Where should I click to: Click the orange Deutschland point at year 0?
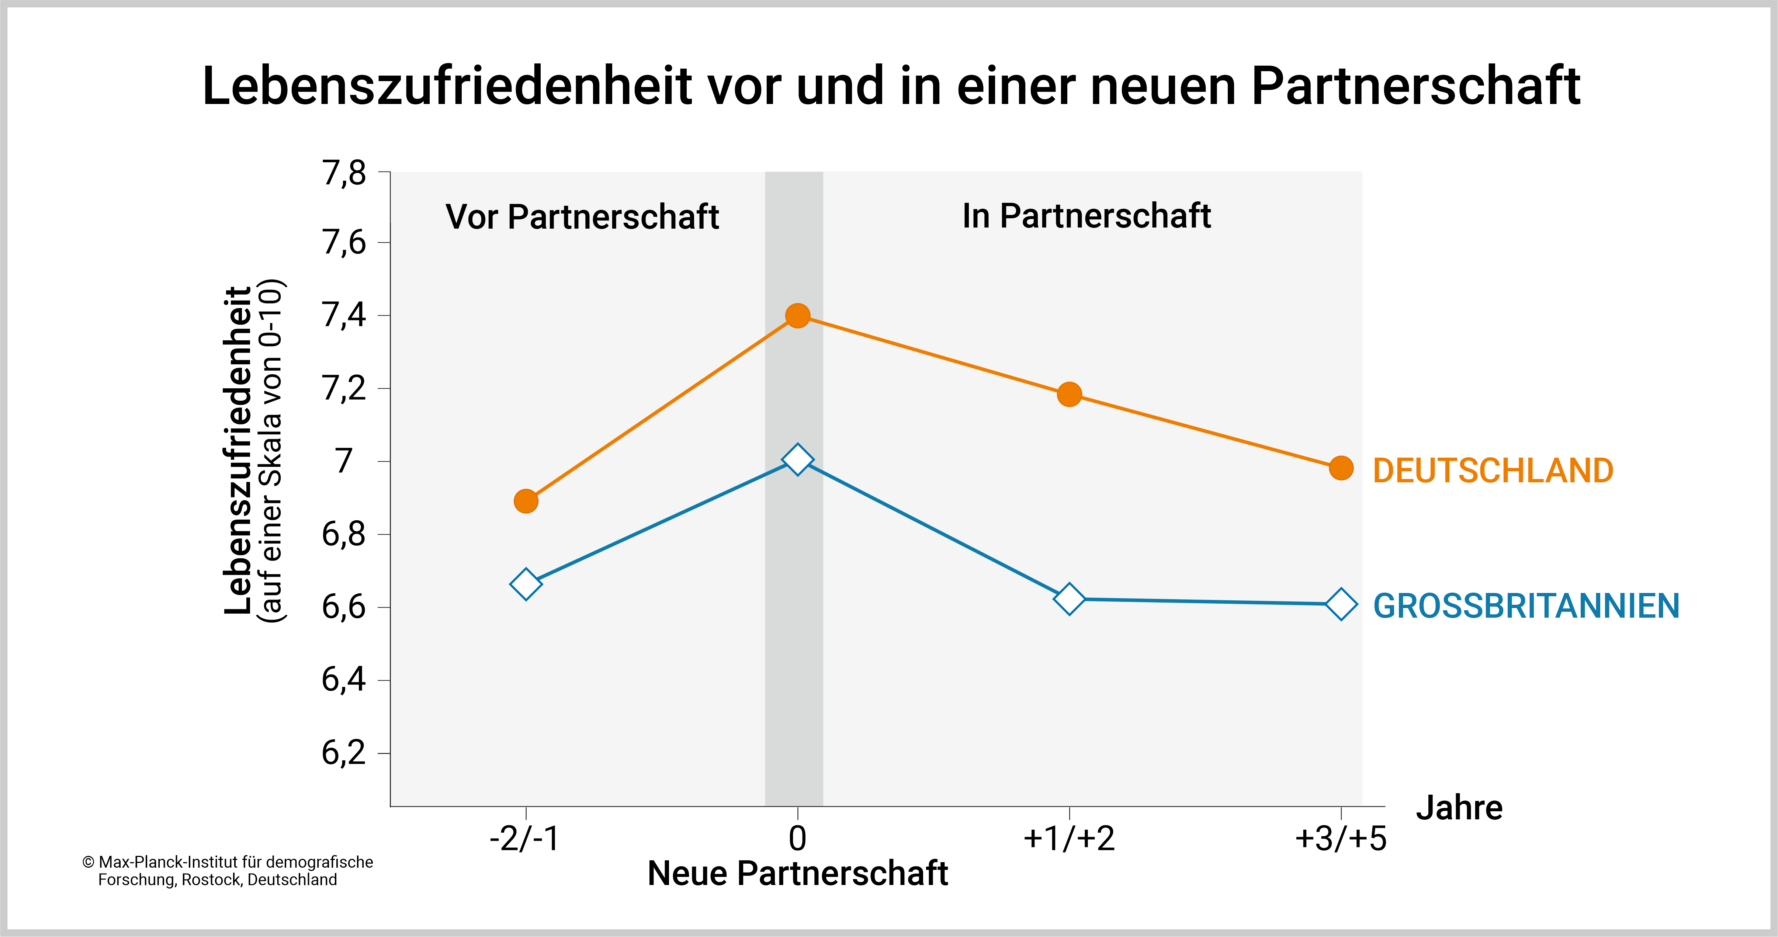coord(797,316)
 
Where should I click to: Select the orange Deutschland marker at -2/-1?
coord(526,501)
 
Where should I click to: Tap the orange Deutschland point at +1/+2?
coord(1069,395)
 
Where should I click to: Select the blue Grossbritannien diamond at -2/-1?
coord(526,584)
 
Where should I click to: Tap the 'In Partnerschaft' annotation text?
coord(1086,216)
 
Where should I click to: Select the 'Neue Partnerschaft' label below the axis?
coord(797,874)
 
